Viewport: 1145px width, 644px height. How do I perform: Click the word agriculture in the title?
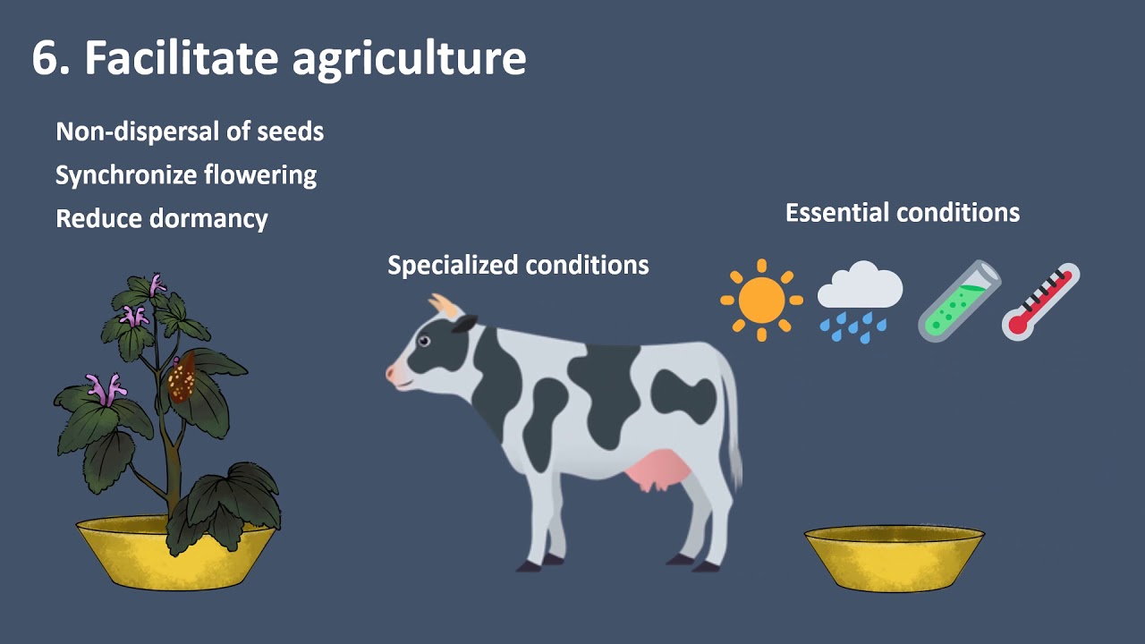click(409, 59)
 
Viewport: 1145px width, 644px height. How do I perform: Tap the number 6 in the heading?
click(44, 59)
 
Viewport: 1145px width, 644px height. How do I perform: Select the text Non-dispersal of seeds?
click(190, 131)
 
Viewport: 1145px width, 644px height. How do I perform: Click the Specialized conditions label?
click(518, 265)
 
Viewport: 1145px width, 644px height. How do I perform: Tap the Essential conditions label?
click(902, 213)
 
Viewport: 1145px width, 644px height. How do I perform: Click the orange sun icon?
click(761, 300)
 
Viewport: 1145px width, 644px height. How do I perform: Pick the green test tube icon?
click(959, 301)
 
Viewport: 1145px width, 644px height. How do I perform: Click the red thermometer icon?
click(1040, 301)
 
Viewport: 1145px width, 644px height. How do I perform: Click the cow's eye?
click(424, 342)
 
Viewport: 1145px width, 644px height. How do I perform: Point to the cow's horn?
click(445, 306)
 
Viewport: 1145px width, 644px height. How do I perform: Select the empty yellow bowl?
click(894, 556)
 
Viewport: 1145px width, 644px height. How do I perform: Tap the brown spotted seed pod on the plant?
click(182, 378)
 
